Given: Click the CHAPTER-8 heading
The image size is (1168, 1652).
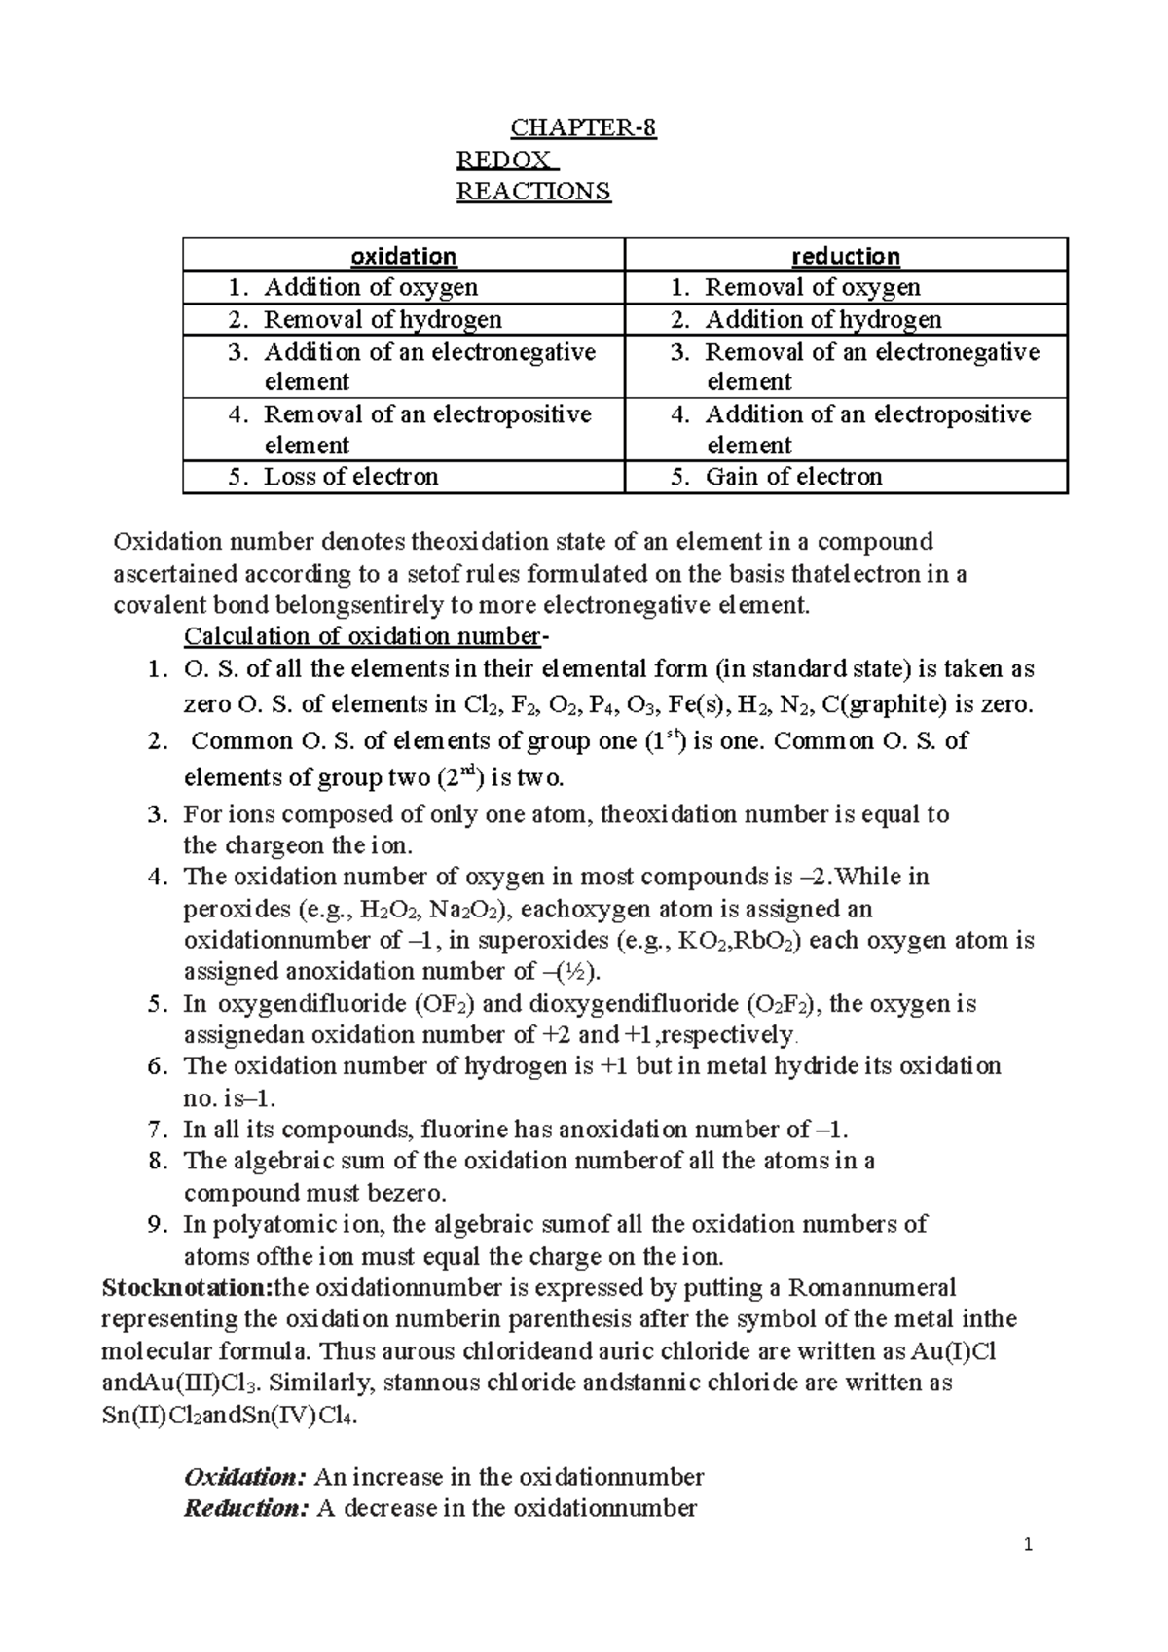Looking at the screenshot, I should tap(584, 128).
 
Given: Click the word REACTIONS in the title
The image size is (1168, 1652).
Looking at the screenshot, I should tap(533, 191).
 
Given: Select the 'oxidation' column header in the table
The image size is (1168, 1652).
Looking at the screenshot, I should tap(403, 256).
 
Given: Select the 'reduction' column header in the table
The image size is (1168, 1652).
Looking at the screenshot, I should tap(845, 256).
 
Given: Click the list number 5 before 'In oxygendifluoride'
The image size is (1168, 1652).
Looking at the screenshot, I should tap(157, 1004).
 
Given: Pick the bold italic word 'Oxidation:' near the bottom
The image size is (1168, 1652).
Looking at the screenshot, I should tap(245, 1477).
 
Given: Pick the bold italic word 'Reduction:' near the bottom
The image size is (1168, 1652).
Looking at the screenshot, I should tap(246, 1509).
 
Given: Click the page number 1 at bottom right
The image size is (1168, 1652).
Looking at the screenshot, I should tap(1028, 1546).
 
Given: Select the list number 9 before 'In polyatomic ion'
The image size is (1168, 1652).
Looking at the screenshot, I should tap(157, 1224).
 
